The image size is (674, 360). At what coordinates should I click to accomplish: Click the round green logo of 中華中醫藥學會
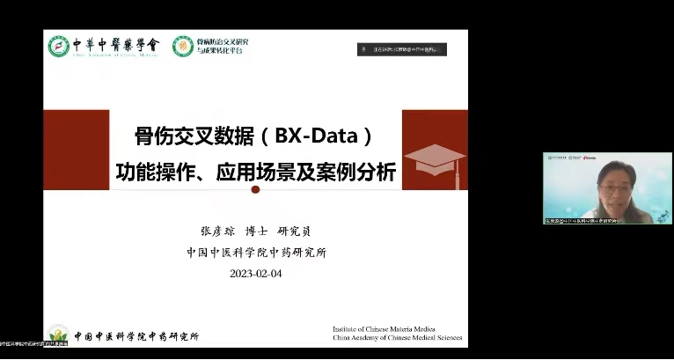(59, 46)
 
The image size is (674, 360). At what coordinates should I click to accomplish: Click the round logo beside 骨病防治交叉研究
(182, 46)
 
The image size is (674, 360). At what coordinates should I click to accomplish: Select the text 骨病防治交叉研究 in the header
(223, 40)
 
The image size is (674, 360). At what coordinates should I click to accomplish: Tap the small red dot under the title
(255, 190)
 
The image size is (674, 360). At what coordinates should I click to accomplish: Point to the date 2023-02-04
(256, 273)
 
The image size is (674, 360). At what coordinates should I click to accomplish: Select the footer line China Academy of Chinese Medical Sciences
(397, 338)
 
